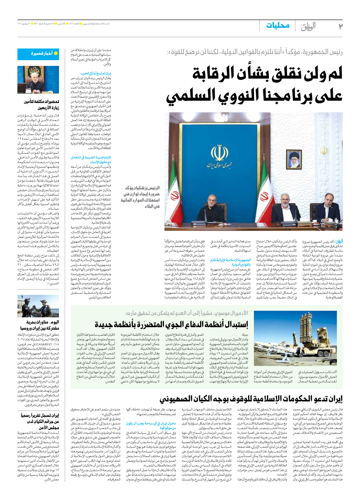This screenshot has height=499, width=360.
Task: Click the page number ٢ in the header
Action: point(340,26)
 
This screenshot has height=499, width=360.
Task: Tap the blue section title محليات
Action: point(278,25)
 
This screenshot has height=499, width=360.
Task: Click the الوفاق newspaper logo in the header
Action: point(308,26)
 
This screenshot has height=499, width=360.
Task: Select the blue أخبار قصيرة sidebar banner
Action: point(38,54)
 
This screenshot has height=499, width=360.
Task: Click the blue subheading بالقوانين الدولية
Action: point(241,264)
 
